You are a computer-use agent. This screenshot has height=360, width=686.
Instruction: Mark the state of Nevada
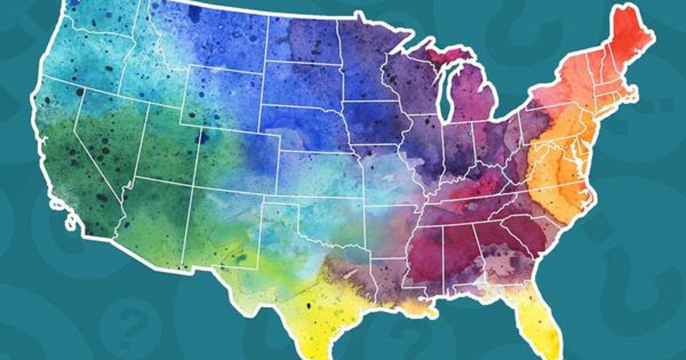pos(106,143)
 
